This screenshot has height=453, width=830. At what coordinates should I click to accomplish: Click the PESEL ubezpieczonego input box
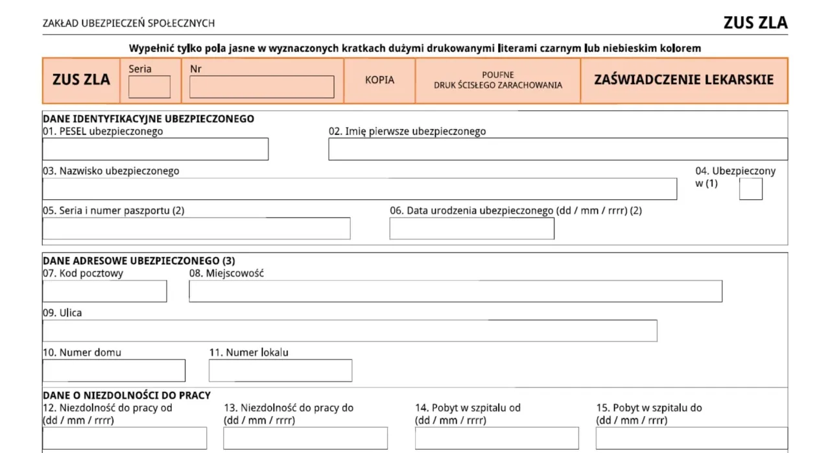pos(155,149)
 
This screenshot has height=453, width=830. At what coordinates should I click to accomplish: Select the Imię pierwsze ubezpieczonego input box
pos(558,149)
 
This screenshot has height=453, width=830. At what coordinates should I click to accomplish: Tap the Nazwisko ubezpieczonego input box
pos(359,189)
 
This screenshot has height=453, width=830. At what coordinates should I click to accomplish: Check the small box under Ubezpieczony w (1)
pos(750,189)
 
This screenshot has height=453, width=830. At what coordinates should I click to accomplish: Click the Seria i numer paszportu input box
pos(196,228)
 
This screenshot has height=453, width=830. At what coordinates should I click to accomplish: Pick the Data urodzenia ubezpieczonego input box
pos(471,228)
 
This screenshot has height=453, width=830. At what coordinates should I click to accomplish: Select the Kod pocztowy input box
pos(104,291)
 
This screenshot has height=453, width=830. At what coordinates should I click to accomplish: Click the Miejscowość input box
pos(455,291)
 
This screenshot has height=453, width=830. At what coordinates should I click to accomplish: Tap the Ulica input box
pos(350,330)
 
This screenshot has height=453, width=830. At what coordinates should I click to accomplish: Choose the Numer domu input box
pos(113,371)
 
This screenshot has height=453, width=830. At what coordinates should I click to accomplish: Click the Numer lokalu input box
pos(280,371)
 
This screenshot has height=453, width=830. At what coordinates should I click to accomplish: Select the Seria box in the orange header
pos(149,87)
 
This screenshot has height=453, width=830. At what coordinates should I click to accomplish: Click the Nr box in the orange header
pos(261,87)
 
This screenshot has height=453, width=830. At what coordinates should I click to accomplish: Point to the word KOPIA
pos(379,80)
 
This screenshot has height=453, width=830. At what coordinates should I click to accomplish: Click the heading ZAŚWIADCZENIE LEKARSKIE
pos(683,80)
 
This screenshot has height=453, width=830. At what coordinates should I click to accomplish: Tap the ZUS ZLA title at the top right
pos(755,23)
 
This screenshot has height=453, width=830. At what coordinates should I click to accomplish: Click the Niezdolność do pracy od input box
pos(124,438)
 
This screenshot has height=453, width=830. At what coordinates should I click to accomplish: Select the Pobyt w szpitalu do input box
pos(691,438)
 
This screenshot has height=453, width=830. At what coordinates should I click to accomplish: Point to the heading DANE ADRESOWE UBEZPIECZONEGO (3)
pos(139,261)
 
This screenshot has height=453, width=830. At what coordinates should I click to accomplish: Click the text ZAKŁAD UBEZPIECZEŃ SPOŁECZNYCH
pos(128,23)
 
